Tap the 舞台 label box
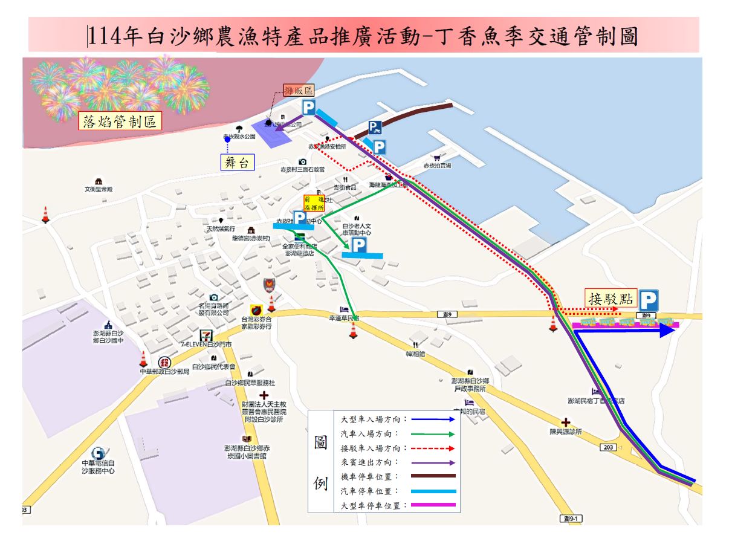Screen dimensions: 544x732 [237, 162]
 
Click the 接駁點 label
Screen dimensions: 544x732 [611, 297]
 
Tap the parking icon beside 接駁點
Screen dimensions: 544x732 [649, 300]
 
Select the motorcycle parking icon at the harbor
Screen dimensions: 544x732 [375, 128]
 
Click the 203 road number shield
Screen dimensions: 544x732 [608, 447]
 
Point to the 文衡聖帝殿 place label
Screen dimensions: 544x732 [98, 189]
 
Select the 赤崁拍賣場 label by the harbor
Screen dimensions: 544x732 [437, 165]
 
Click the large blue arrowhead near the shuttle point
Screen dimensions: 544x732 [666, 330]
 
